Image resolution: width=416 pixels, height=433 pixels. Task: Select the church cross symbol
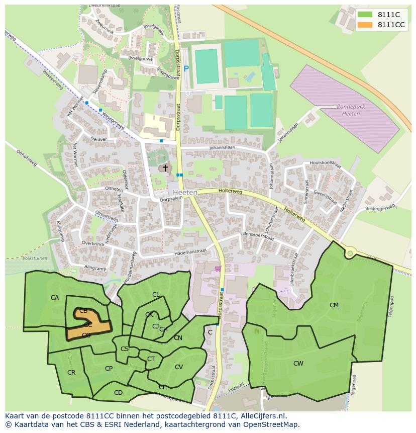(x=165, y=168)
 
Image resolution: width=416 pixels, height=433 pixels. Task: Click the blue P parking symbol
(x=186, y=69)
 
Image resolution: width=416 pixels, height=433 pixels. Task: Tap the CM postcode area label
(x=334, y=305)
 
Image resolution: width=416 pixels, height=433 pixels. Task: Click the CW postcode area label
(x=298, y=363)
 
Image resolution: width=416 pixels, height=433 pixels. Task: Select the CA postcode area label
(x=55, y=298)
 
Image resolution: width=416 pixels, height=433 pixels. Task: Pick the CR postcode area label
(x=71, y=373)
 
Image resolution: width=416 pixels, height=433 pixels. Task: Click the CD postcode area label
(x=118, y=393)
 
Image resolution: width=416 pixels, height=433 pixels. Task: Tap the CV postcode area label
(x=179, y=367)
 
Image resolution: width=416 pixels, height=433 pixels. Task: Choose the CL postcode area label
(x=156, y=295)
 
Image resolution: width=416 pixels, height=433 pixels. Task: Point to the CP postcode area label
(x=109, y=369)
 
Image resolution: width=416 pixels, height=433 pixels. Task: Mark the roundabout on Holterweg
(x=350, y=254)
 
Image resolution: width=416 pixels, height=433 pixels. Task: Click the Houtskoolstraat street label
(x=326, y=163)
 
